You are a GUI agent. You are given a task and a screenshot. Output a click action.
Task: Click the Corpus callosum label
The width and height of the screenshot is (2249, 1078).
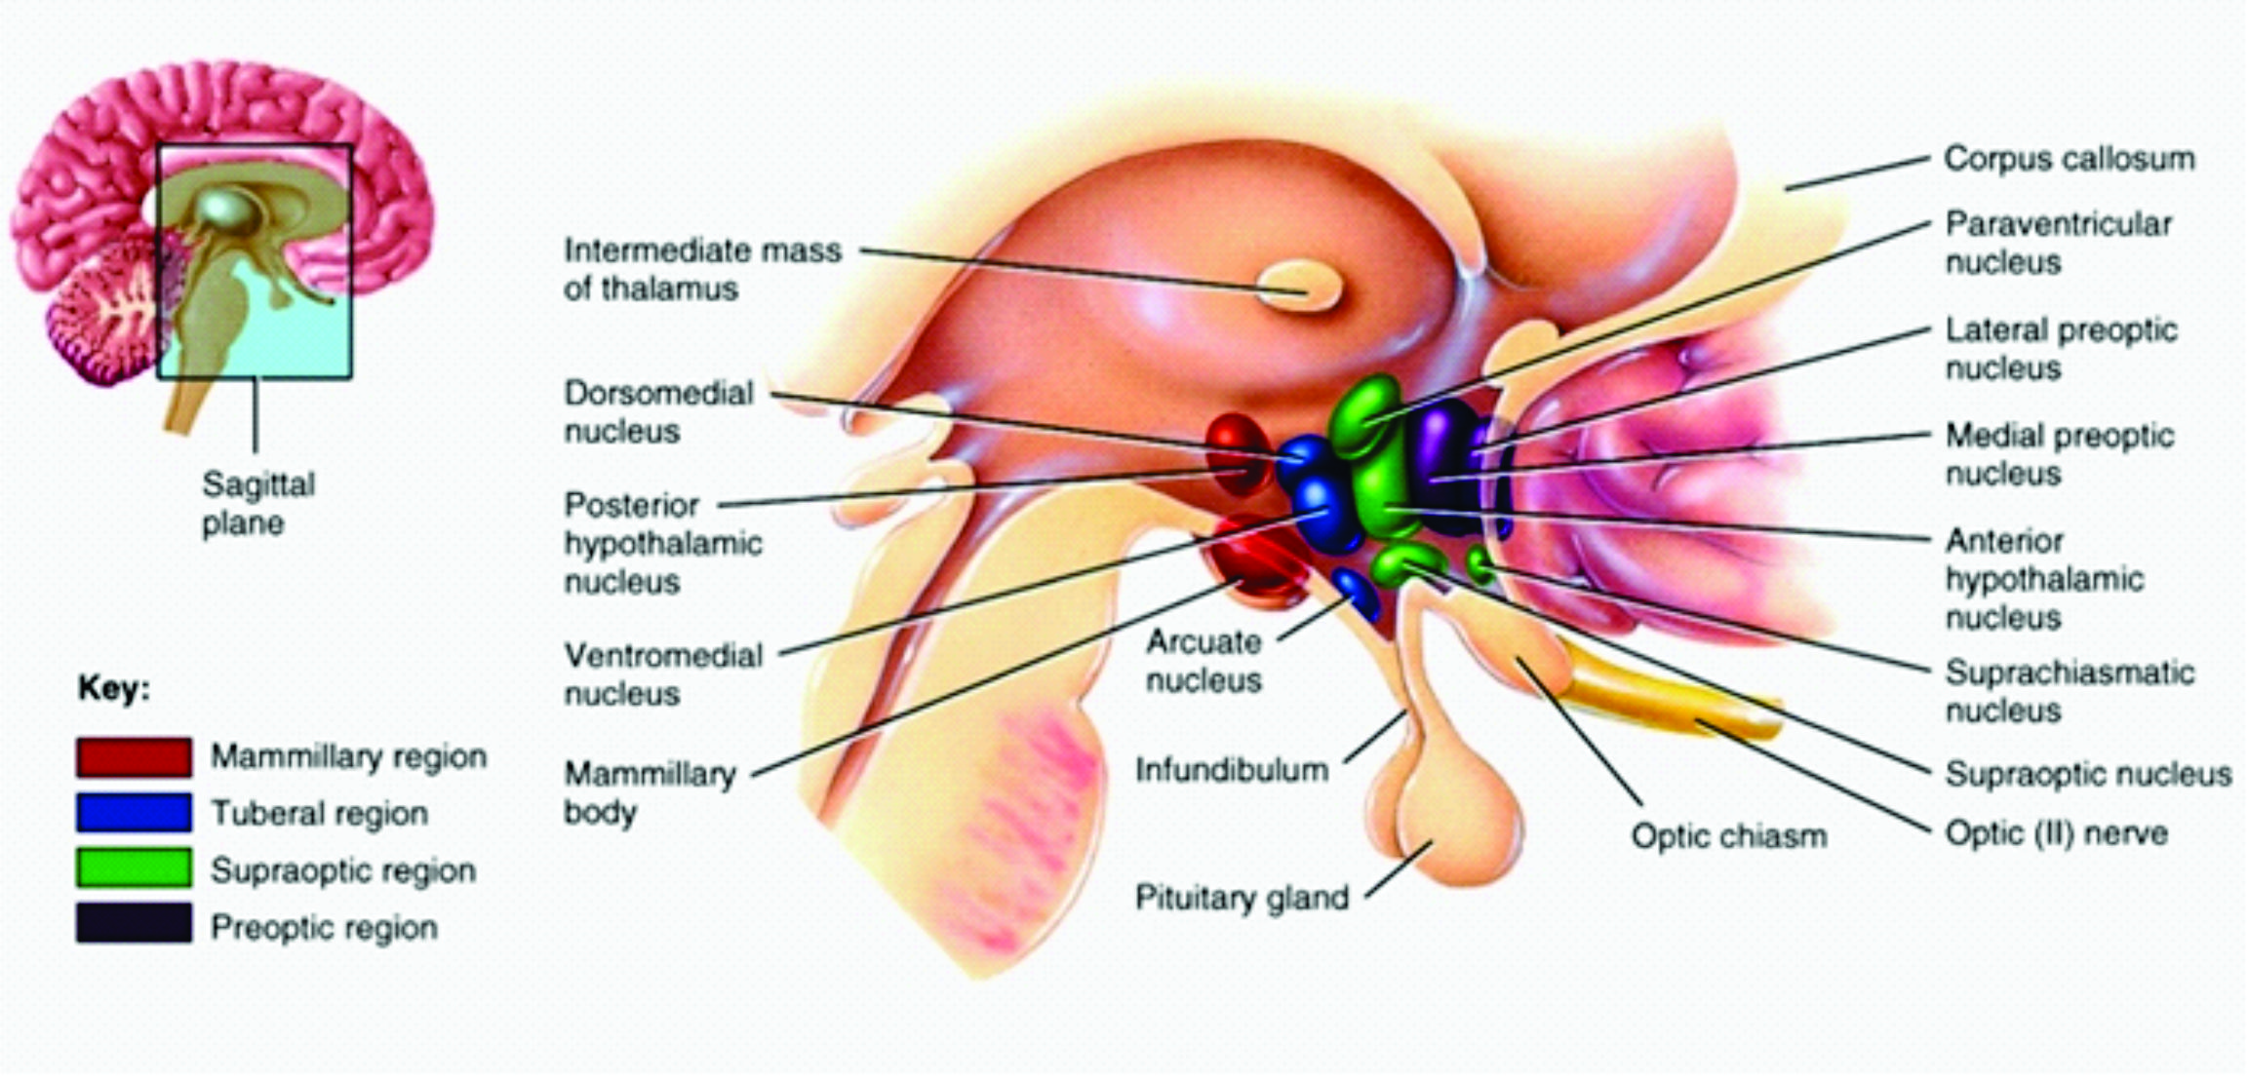pos(2069,159)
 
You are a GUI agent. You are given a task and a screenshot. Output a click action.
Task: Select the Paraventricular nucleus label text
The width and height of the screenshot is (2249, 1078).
pos(2058,243)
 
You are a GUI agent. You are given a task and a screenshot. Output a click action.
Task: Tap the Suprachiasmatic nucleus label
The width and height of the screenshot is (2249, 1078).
pos(2069,691)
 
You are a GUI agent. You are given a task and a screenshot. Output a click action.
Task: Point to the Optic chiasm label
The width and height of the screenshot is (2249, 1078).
pos(1728,836)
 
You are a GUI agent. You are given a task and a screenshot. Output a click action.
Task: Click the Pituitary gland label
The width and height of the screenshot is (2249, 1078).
pos(1242,897)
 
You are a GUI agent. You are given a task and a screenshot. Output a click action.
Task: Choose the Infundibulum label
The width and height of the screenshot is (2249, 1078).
pos(1231,770)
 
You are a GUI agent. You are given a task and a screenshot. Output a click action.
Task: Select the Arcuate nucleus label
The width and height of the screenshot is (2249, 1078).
pos(1203,660)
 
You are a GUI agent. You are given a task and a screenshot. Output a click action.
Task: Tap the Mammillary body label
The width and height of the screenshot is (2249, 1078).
pos(650,792)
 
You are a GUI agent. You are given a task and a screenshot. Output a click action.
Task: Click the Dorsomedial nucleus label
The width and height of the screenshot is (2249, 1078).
pos(658,411)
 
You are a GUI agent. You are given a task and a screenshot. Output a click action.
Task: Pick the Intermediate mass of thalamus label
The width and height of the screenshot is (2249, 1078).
pos(702,269)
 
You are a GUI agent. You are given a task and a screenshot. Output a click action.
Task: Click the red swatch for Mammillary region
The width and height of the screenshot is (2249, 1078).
pos(134,757)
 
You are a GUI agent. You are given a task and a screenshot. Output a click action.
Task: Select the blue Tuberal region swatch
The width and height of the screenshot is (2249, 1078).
pos(134,813)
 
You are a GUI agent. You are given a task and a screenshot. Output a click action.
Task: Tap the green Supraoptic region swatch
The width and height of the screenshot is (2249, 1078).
pos(134,868)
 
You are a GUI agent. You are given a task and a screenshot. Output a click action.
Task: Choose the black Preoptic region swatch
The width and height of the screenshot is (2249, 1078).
pos(134,924)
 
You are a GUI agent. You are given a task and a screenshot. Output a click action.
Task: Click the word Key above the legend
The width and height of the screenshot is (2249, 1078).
pos(114,689)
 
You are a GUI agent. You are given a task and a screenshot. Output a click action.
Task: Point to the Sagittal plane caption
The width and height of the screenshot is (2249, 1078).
pos(257,503)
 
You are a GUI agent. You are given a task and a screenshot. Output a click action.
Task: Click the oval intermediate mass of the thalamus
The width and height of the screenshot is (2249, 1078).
pos(1298,287)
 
